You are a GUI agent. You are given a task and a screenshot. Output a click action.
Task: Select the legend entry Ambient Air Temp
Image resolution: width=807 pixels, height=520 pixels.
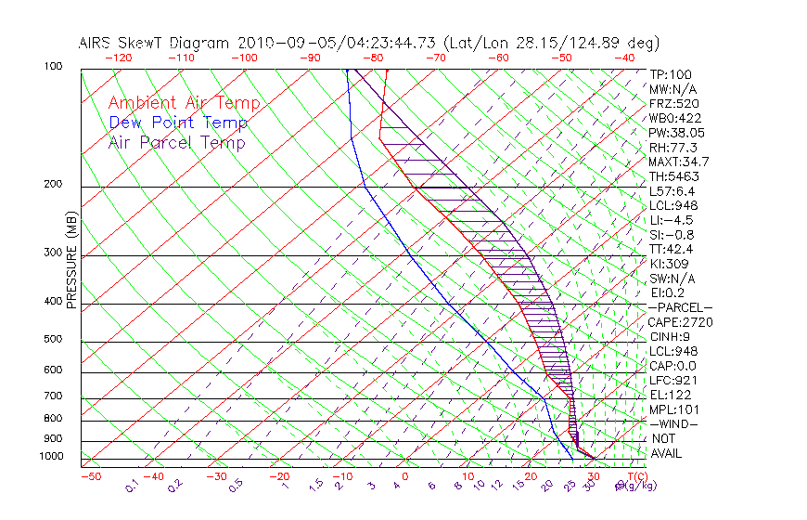tap(185, 103)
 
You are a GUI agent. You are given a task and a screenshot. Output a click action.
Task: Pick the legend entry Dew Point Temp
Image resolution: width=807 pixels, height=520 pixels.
tap(178, 123)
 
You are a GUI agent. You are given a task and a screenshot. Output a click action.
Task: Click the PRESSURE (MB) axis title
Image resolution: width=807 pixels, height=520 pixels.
tap(71, 259)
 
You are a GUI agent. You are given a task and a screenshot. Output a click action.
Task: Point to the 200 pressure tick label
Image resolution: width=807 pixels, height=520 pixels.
tap(54, 184)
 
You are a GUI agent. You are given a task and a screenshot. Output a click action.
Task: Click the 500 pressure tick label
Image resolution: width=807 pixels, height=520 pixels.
tap(54, 339)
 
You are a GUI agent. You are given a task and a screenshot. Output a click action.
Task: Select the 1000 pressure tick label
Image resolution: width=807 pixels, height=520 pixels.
tap(51, 456)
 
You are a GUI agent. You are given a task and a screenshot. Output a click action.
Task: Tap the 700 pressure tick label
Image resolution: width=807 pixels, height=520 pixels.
tap(54, 396)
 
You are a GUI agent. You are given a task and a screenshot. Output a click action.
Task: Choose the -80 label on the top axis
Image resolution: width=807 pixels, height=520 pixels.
tap(373, 58)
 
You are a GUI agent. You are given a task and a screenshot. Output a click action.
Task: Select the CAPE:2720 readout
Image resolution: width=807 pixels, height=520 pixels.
tap(680, 322)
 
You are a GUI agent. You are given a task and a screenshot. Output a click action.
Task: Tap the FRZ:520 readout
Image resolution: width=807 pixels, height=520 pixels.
tap(673, 103)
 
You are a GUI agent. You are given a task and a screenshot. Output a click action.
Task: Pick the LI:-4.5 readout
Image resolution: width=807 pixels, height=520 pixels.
tap(671, 220)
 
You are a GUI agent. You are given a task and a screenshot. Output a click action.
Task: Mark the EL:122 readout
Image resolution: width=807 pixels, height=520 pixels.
tap(670, 395)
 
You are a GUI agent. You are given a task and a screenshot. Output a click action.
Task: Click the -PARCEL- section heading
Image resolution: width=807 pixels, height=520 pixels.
tap(680, 307)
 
